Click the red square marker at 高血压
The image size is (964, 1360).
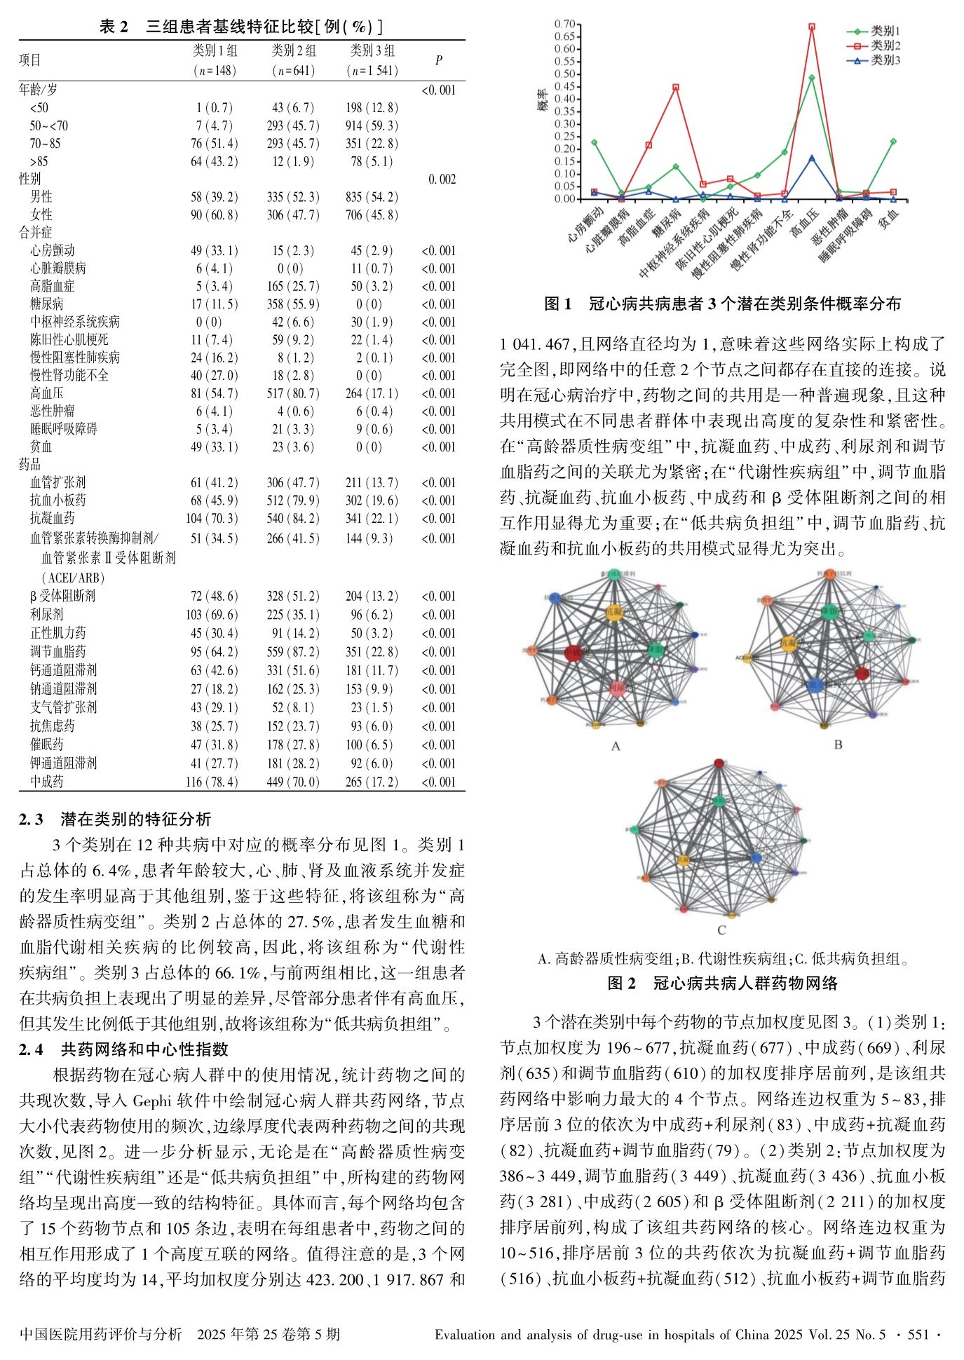coord(811,27)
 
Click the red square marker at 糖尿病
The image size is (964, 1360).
coord(675,88)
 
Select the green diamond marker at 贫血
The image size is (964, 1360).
coord(893,142)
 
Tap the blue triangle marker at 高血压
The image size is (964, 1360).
coord(811,158)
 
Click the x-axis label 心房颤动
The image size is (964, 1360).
coord(585,224)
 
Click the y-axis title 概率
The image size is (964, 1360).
coord(542,102)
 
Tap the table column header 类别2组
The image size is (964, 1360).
coord(294,51)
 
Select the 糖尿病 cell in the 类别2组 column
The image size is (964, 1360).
coord(294,304)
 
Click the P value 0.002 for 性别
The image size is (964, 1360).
coord(442,179)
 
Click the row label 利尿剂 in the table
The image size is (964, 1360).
coord(46,614)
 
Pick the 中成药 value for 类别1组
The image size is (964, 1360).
coord(214,782)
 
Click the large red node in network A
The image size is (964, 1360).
coord(573,653)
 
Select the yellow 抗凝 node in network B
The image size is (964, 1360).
coord(789,642)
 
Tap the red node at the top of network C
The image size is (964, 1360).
coord(719,763)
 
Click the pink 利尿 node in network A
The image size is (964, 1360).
coord(617,688)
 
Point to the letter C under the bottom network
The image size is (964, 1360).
coord(721,931)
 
